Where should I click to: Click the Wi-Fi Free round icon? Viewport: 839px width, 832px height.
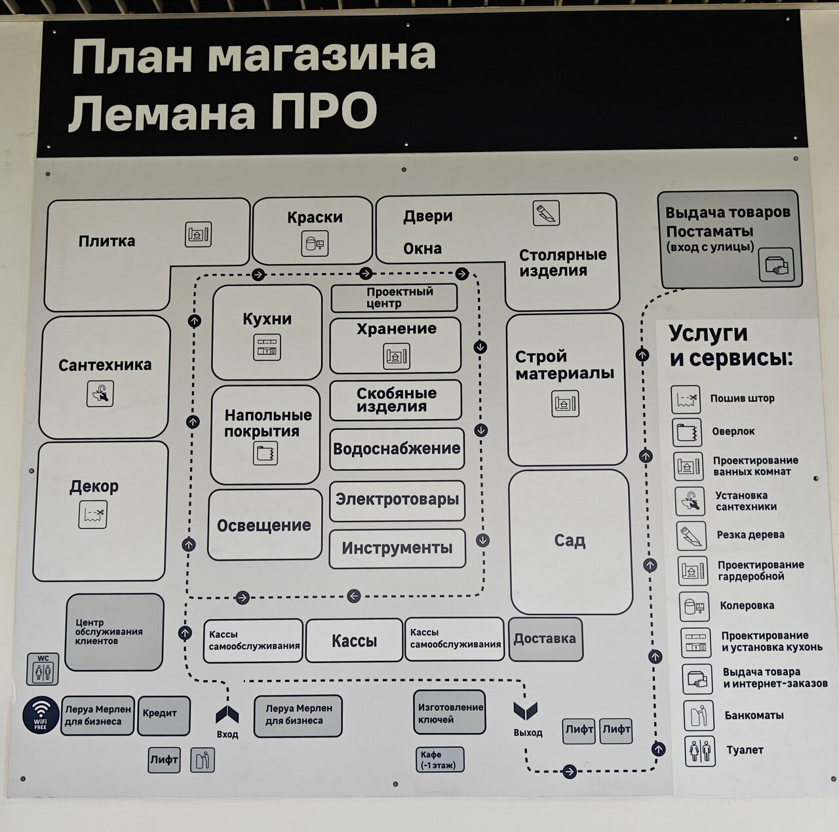41,715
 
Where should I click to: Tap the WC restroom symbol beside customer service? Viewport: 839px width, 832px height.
43,669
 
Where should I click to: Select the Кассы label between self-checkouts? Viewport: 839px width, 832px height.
354,641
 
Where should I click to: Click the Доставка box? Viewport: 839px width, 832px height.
545,639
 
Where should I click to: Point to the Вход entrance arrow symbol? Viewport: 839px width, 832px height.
227,715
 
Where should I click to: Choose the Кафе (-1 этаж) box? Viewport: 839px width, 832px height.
439,760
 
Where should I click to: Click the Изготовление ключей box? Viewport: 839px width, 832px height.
450,713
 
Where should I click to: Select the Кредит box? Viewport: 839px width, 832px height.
164,715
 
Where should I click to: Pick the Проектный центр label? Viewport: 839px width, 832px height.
394,298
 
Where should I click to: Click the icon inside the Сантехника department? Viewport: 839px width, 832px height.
100,394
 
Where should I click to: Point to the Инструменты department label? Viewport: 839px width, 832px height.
397,548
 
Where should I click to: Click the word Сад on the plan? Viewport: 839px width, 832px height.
570,541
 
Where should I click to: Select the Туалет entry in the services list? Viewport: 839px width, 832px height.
745,750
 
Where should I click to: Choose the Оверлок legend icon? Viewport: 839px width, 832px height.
686,432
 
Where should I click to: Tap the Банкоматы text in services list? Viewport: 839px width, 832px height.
754,715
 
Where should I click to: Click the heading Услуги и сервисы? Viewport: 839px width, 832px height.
730,346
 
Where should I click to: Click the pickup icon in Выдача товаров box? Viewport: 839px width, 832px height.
776,265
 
